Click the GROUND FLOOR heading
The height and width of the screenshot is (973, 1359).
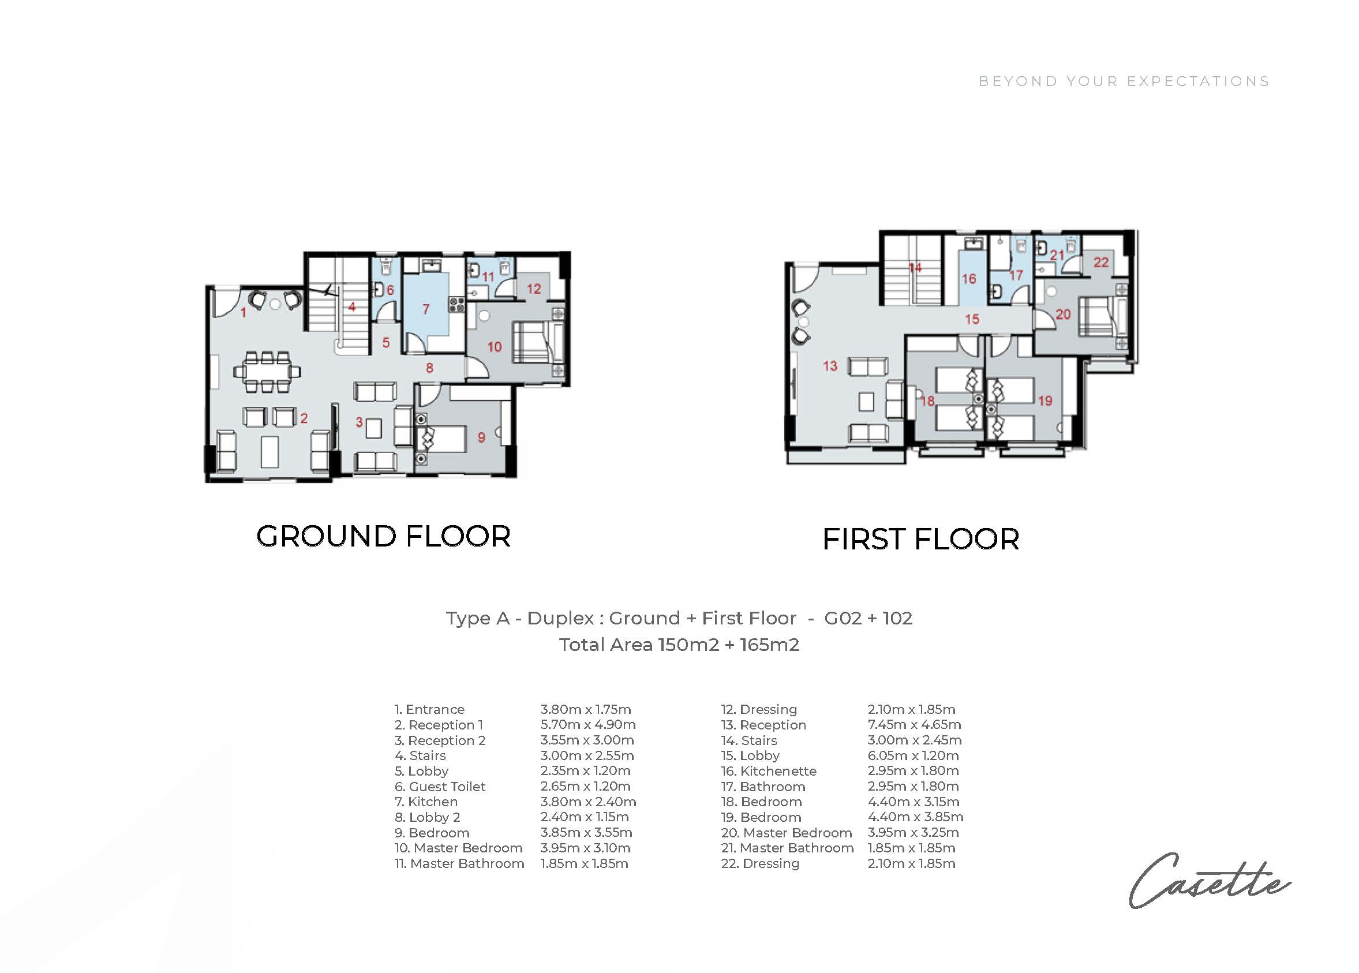tap(383, 536)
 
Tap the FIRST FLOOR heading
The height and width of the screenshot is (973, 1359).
tap(920, 539)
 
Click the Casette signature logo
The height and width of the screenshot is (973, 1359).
tap(1210, 880)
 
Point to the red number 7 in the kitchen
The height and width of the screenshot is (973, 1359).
tap(426, 309)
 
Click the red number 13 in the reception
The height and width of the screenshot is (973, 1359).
tap(830, 366)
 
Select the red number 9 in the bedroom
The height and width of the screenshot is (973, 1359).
tap(481, 437)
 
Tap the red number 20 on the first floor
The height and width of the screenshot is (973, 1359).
tap(1063, 314)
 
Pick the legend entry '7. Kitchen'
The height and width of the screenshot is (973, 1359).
tap(426, 802)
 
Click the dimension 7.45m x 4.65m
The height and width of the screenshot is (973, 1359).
tap(914, 725)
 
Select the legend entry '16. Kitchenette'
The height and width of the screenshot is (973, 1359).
tap(769, 771)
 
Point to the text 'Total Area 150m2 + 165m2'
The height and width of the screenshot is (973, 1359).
tap(679, 645)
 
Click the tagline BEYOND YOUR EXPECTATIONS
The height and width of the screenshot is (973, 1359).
tap(1124, 81)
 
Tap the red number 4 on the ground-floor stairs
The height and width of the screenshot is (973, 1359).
tap(352, 307)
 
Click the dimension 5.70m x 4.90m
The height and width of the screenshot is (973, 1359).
tap(587, 725)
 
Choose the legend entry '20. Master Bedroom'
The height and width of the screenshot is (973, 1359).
tap(787, 833)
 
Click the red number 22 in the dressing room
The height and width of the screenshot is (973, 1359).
tap(1101, 262)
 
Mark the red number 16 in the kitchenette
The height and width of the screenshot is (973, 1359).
tap(969, 279)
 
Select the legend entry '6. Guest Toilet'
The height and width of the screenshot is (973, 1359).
tap(440, 787)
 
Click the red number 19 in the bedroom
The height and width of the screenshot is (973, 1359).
tap(1045, 401)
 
